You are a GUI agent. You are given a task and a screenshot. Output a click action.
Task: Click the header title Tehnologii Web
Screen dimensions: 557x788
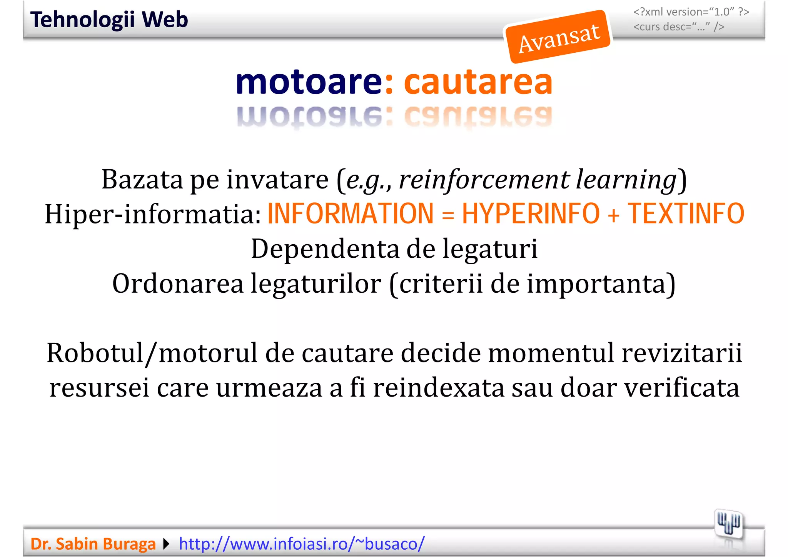tap(109, 20)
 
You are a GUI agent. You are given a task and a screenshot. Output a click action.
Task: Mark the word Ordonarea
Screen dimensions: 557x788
tap(178, 284)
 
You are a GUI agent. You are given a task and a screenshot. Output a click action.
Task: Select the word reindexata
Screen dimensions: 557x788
tap(438, 388)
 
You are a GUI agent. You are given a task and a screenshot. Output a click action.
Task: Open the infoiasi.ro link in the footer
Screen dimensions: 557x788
tap(302, 544)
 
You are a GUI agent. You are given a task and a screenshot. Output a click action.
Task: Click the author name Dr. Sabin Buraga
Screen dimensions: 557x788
tap(93, 544)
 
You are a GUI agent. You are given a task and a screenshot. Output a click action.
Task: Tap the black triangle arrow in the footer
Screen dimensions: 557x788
tap(166, 544)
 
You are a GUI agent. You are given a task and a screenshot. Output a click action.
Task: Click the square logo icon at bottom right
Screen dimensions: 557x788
tap(728, 524)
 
